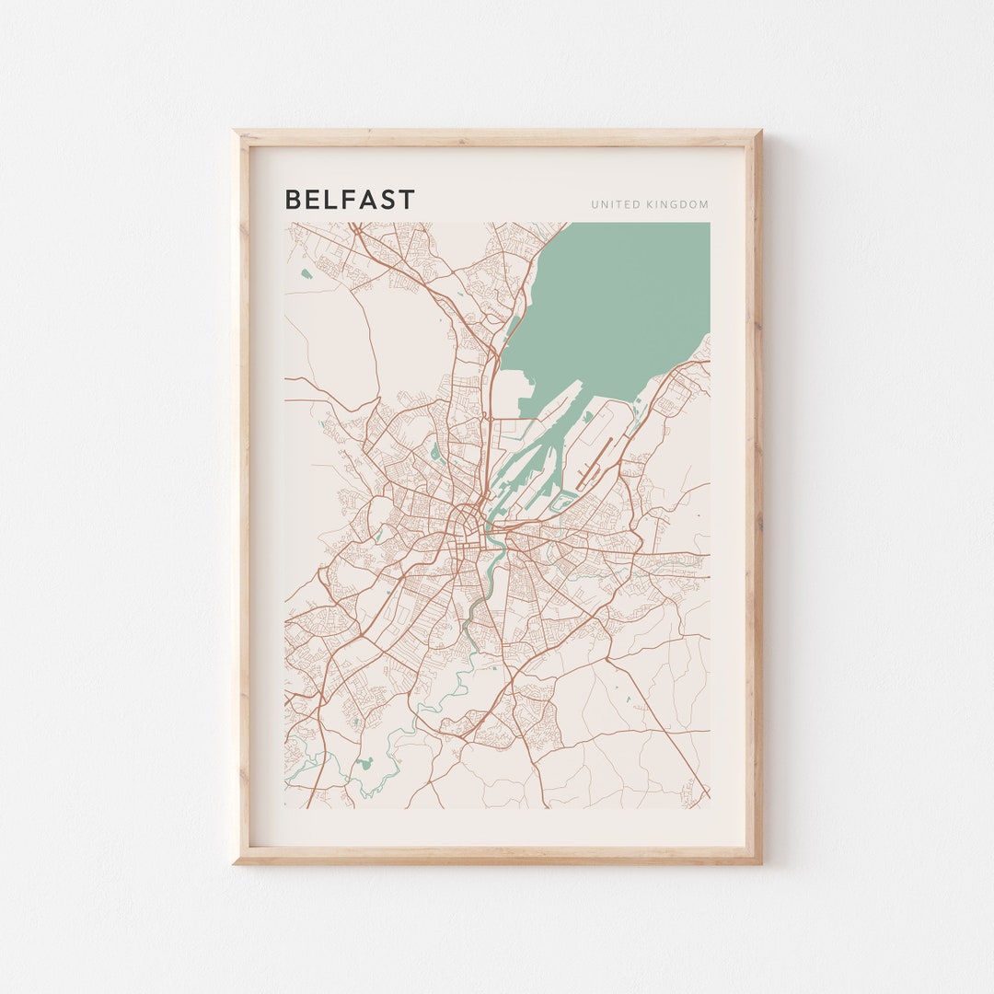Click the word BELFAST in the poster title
350,200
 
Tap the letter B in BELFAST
292,200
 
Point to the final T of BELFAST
408,200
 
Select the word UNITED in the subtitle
611,204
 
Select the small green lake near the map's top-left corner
305,272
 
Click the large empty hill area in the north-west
331,341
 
